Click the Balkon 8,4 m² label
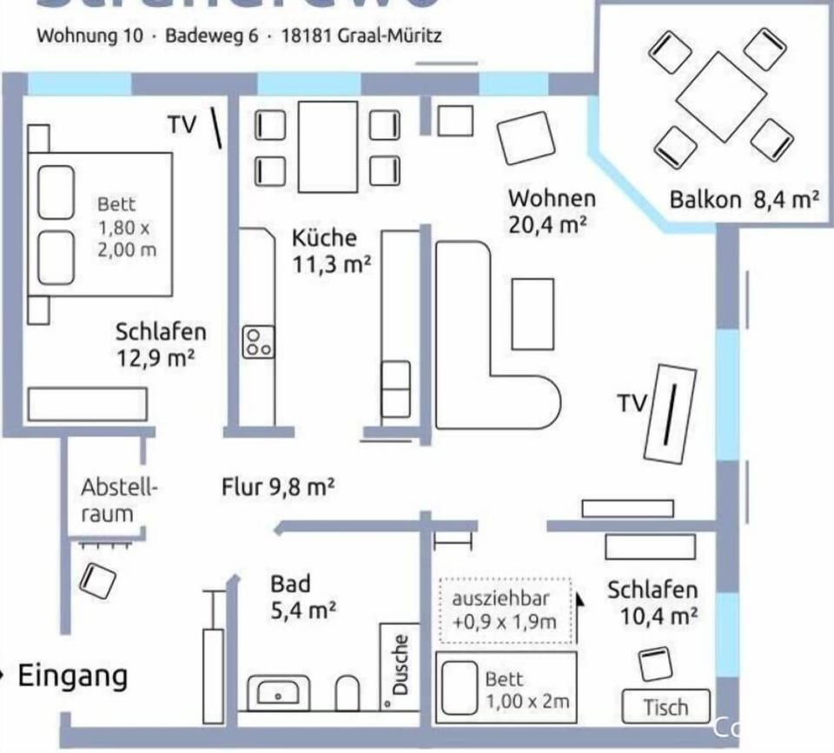tap(744, 199)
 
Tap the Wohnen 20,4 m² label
tap(552, 211)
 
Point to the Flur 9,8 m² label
tap(278, 487)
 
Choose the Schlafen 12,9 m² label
tap(161, 344)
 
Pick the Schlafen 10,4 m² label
tap(652, 603)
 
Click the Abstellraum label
tap(120, 500)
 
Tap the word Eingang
tap(73, 676)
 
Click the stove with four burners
tap(259, 340)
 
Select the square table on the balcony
tap(718, 96)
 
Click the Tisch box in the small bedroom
tap(665, 707)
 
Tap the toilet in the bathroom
tap(347, 692)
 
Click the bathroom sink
tap(278, 694)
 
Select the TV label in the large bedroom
tap(182, 124)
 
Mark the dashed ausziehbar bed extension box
tap(505, 611)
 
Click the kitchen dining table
tap(328, 147)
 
